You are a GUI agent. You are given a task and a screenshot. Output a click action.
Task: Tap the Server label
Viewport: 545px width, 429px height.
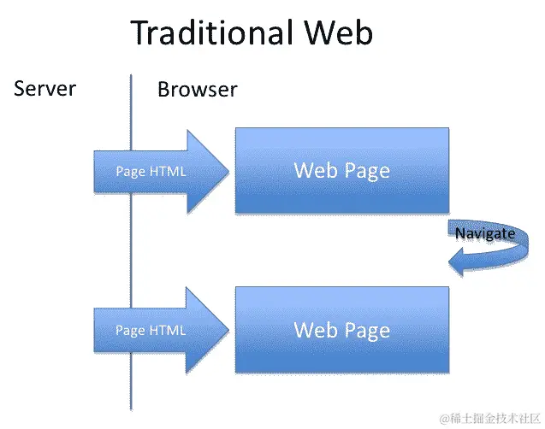coord(45,88)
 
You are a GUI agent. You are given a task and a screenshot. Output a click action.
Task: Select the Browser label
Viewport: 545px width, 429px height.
coord(197,90)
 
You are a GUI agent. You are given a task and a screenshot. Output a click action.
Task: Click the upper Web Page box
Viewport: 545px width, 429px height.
coord(342,170)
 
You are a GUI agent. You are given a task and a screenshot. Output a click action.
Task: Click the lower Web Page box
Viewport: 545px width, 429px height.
coord(342,329)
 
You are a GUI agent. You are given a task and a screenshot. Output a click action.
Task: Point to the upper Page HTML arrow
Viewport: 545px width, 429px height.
coord(163,171)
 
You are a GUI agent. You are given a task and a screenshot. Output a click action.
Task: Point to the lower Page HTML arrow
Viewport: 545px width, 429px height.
coord(163,330)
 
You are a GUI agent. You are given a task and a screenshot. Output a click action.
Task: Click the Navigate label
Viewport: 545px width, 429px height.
coord(485,233)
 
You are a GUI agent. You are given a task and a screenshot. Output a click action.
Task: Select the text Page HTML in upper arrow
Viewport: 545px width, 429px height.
coord(151,172)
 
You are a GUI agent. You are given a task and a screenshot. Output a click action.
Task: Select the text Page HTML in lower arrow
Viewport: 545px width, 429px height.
coord(151,330)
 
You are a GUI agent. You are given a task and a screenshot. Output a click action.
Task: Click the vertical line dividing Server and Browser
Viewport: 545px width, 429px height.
coord(131,248)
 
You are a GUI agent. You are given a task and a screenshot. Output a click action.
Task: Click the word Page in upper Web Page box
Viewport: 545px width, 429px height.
coord(367,171)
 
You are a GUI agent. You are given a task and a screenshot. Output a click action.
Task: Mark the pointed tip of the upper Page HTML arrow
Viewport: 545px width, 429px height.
coord(228,171)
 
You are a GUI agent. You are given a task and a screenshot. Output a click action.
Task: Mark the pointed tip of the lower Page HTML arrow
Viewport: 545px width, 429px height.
coord(228,330)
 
